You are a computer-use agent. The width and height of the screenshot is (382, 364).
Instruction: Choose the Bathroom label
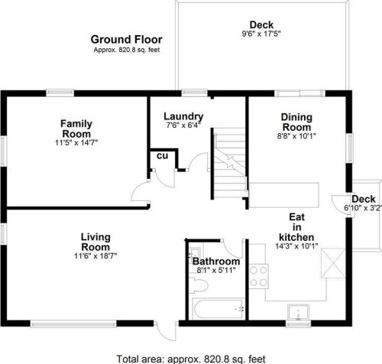(216, 262)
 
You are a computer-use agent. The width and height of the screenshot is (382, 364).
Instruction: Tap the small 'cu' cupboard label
(162, 155)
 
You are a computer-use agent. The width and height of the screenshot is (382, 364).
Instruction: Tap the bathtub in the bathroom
(218, 309)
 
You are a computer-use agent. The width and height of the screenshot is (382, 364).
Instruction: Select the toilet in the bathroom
(199, 286)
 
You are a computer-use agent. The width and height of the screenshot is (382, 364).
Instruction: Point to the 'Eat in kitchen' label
(297, 226)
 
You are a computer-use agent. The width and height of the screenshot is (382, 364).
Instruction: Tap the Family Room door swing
(141, 193)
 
